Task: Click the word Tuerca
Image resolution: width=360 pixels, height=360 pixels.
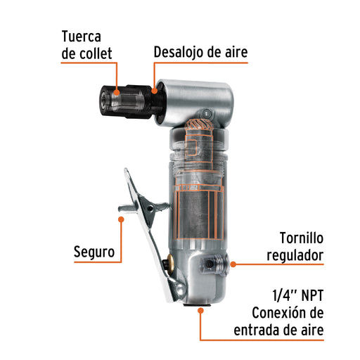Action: click(x=82, y=37)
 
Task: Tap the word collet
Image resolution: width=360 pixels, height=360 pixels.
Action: click(x=96, y=53)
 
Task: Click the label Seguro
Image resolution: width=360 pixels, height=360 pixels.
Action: click(x=94, y=252)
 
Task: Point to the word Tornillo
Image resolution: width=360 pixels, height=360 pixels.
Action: click(x=302, y=238)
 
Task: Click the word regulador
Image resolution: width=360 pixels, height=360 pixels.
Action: click(x=295, y=255)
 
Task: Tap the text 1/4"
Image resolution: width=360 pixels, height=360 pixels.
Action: click(x=285, y=295)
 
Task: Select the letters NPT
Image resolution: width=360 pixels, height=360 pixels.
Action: click(x=312, y=295)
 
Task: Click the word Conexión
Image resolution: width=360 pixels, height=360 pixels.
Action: click(x=277, y=313)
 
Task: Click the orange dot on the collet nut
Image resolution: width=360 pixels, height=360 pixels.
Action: click(x=117, y=92)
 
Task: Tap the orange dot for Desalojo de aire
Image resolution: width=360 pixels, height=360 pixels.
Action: click(x=154, y=91)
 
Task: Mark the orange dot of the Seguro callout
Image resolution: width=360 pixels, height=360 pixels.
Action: click(x=121, y=219)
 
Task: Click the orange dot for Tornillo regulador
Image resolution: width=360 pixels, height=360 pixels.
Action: click(x=233, y=264)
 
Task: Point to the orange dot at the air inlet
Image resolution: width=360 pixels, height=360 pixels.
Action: click(x=200, y=311)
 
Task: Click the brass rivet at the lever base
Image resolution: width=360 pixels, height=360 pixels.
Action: click(x=169, y=261)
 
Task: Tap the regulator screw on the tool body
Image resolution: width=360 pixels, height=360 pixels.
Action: click(x=214, y=264)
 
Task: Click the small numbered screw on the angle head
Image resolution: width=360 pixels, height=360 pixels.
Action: click(x=206, y=114)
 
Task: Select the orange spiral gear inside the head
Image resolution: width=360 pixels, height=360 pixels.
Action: click(x=199, y=127)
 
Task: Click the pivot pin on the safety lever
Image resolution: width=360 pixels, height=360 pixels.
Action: click(x=150, y=208)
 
